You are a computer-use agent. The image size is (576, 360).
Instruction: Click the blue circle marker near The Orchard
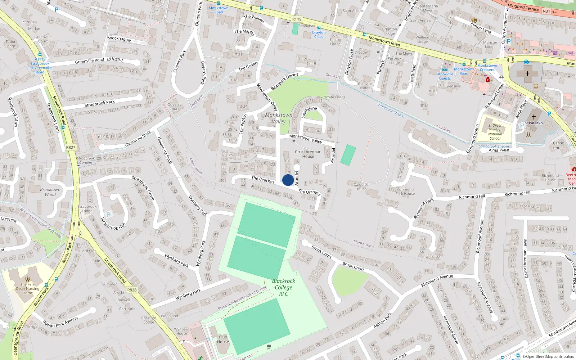pos(288,180)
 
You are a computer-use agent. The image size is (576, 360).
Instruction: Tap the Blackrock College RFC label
pos(283,287)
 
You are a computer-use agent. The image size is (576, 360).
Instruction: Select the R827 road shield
pos(71,148)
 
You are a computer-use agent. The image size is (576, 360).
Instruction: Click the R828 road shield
pos(132,290)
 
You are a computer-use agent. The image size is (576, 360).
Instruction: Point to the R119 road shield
pos(297,19)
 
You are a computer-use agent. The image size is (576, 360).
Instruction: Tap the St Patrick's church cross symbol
pos(534,117)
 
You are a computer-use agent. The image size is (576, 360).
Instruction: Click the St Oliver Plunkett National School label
pos(495,132)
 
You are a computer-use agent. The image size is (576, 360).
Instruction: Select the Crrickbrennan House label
pos(308,154)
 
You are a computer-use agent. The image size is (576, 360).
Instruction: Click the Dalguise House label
pos(361,186)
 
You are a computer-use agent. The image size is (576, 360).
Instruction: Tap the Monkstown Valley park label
pos(279,118)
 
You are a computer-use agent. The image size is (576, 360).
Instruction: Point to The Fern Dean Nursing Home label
pos(28,288)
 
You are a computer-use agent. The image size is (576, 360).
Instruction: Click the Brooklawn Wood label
pos(50,192)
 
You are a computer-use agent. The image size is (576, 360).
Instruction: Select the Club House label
pos(223,339)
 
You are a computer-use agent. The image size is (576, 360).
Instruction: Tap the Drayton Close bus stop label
pos(319,35)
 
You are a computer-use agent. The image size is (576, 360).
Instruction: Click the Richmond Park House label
pos(405,191)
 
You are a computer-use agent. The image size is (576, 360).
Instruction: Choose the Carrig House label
pos(558,145)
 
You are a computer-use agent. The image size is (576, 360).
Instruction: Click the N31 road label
pos(546,11)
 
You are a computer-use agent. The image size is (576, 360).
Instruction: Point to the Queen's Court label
pos(174,107)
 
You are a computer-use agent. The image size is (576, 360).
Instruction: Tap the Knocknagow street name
pos(119,39)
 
